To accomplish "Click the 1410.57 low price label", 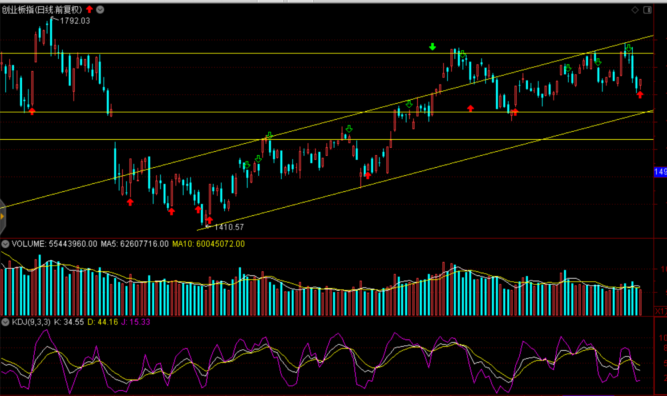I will [229, 227].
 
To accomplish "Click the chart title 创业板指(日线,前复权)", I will [42, 10].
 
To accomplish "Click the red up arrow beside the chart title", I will [90, 9].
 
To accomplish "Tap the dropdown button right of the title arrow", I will [101, 10].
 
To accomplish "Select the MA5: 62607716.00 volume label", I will [135, 244].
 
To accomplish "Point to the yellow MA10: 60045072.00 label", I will [208, 244].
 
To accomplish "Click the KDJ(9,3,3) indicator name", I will [31, 322].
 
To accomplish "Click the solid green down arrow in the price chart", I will [433, 47].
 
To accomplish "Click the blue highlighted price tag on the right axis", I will [660, 172].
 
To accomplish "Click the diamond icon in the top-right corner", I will [635, 10].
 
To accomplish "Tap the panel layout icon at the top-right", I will [647, 10].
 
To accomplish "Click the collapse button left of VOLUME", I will [5, 244].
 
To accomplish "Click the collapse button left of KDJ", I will [5, 322].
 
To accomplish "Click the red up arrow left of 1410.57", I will [210, 220].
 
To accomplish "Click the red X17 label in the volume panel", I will [660, 311].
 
